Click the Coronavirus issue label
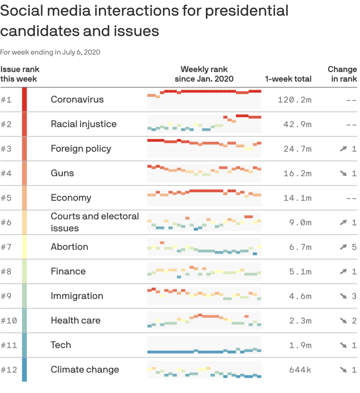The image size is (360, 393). (77, 99)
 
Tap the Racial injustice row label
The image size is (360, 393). (83, 124)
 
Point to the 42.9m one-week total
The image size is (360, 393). (297, 124)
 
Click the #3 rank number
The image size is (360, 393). (6, 149)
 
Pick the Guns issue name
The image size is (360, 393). (62, 173)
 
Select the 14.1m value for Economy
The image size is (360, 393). (297, 198)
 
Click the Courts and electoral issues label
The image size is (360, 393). (94, 222)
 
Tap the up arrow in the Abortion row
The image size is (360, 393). (343, 247)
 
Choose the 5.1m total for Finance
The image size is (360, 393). (300, 272)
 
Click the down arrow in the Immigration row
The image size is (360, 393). (343, 296)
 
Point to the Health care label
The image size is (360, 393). (75, 320)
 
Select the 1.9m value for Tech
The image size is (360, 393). (300, 345)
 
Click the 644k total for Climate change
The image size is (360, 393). (300, 370)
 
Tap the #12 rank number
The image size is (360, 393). (9, 370)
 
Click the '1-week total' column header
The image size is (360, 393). (288, 79)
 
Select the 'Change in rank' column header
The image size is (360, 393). (342, 74)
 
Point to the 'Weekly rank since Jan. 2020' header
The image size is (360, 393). (204, 74)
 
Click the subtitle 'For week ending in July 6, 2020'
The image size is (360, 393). (50, 52)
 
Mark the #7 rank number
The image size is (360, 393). (6, 247)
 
